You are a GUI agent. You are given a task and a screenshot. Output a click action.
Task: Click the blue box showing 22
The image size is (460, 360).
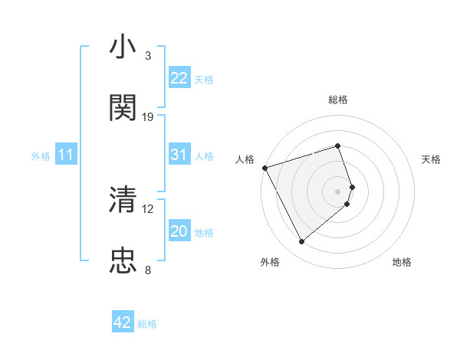(179, 78)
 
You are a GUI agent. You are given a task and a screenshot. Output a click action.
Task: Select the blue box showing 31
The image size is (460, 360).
(179, 155)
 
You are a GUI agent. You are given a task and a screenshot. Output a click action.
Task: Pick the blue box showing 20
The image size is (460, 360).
(179, 231)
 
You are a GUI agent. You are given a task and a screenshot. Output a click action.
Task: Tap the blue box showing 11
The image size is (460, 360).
(66, 155)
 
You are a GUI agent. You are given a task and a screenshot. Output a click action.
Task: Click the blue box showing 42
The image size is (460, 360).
(123, 322)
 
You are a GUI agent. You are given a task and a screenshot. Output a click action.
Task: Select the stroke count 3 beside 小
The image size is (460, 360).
(148, 56)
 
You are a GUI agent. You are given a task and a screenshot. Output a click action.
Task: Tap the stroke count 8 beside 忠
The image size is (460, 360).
(148, 270)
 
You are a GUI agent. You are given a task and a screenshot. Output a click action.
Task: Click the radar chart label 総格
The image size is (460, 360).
(338, 100)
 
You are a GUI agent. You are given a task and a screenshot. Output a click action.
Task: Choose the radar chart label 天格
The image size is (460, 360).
(432, 159)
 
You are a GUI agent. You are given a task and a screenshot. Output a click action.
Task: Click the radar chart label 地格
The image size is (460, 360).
(402, 262)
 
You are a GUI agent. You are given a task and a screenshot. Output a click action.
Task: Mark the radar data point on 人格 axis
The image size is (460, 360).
(264, 167)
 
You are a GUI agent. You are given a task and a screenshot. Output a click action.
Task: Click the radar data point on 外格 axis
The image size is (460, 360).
(301, 242)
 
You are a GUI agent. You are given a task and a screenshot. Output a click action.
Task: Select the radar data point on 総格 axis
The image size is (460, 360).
(338, 146)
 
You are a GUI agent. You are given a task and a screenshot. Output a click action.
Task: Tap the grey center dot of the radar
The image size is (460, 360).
(338, 191)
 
